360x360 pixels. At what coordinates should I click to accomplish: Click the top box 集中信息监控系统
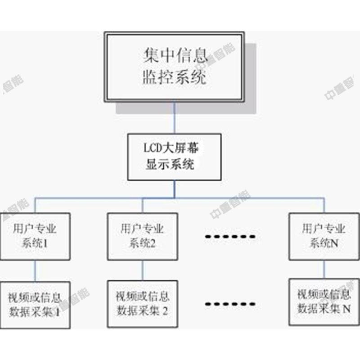174,67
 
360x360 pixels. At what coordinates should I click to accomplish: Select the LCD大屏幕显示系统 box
174,156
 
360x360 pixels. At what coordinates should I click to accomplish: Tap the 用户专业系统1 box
35,236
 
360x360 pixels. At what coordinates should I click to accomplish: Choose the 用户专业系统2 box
143,236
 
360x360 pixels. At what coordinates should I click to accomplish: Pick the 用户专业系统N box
324,236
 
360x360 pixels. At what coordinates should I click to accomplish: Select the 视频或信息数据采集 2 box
143,304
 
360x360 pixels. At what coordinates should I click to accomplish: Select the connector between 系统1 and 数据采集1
35,270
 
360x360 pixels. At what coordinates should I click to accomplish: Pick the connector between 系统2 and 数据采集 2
143,270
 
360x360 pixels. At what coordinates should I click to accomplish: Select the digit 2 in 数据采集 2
165,310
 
